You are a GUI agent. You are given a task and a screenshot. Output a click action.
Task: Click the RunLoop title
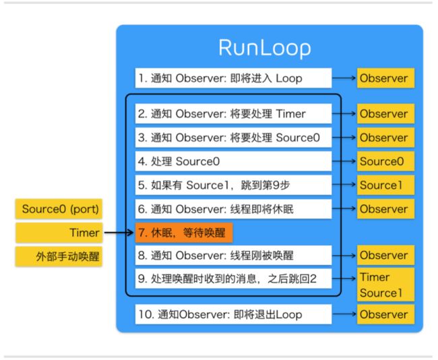coord(265,48)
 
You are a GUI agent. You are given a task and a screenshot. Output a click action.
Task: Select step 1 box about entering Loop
coord(233,78)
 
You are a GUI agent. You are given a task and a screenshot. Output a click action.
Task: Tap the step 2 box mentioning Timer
coord(233,114)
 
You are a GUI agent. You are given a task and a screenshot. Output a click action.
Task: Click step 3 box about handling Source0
coord(233,138)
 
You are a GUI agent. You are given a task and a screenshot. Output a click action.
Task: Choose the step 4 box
coord(233,161)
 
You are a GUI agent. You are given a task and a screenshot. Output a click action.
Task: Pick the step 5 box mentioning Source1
coord(233,185)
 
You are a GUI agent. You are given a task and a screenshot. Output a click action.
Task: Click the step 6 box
coord(233,209)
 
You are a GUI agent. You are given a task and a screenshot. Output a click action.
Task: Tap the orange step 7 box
coord(184,233)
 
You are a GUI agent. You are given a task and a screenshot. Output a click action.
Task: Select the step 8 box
coord(233,256)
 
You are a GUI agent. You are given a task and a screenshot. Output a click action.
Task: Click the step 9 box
coord(233,278)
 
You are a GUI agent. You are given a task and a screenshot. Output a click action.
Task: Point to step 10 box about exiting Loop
coord(233,314)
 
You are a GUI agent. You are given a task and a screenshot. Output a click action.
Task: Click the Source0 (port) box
coord(59,209)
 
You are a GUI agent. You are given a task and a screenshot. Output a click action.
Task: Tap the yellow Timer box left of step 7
coord(59,233)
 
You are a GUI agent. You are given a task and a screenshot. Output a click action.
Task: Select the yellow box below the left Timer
coord(59,256)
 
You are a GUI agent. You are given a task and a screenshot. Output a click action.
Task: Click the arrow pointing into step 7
coord(119,233)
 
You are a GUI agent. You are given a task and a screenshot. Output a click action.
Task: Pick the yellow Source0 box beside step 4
coord(385,161)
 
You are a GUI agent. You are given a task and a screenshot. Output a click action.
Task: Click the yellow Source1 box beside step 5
coord(385,185)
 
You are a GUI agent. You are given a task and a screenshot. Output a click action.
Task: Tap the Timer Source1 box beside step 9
coord(385,284)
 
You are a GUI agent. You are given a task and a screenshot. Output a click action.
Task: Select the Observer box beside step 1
coord(385,78)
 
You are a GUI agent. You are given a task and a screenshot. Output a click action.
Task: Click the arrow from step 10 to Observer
coord(344,314)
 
